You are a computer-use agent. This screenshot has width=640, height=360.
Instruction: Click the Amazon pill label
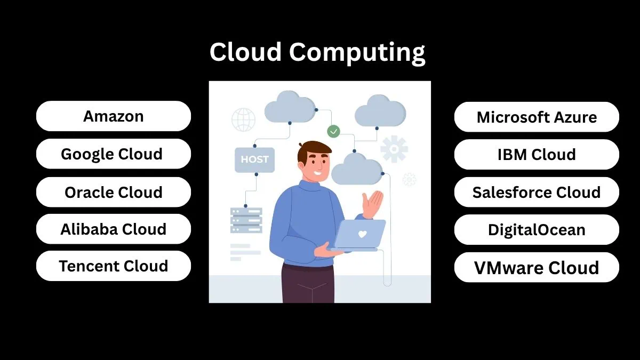pos(113,116)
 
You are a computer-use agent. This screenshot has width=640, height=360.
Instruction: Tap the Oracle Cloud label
pos(113,192)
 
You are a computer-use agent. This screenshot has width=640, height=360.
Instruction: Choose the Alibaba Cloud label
pos(113,229)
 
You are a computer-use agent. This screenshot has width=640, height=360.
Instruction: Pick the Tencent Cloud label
pos(113,266)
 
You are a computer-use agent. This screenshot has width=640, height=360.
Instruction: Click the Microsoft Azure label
pos(537,117)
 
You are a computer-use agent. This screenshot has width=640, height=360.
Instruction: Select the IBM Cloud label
pos(537,155)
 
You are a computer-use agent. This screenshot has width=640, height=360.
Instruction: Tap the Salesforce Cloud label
pos(537,192)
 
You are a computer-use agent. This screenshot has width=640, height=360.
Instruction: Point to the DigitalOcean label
pos(537,230)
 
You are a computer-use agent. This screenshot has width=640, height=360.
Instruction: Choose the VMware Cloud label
pos(537,268)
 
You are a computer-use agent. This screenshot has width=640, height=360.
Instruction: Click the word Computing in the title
pos(357,52)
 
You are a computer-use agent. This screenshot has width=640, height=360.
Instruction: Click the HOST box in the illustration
pos(254,159)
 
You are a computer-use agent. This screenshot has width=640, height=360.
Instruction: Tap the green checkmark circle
pos(333,131)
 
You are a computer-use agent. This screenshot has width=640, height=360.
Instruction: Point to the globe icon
pos(243,119)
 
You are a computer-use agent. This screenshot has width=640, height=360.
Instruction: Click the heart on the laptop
pos(362,234)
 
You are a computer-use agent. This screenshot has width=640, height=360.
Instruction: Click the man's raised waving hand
pos(373,203)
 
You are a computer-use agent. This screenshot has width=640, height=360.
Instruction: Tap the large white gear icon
pos(394,149)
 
